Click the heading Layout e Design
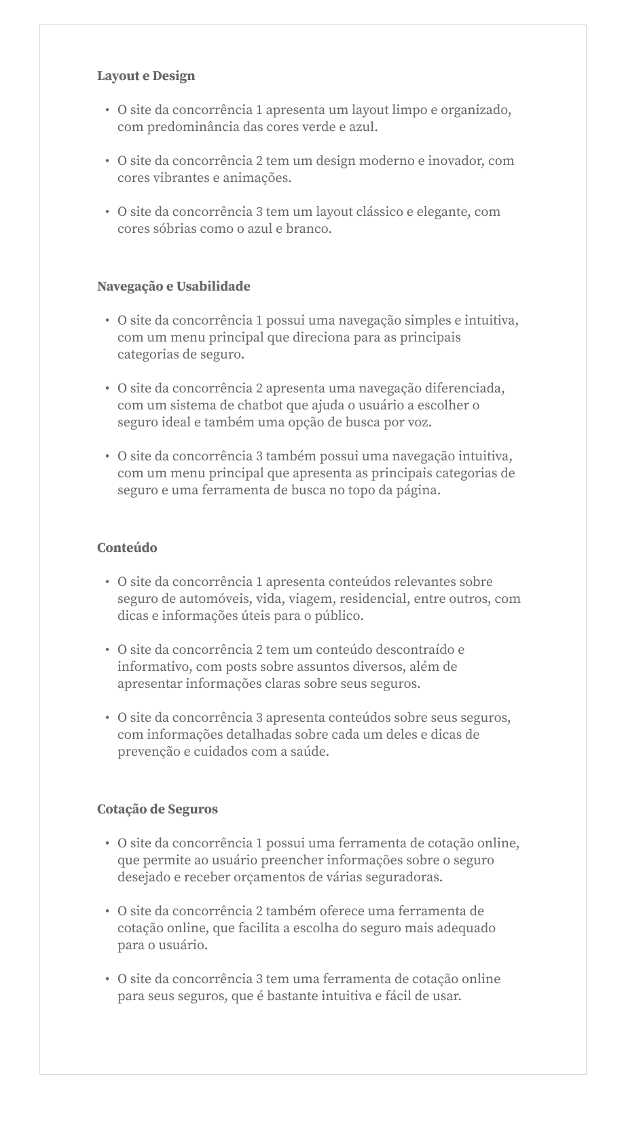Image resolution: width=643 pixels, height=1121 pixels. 146,76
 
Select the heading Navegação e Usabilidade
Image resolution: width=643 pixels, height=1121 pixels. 173,287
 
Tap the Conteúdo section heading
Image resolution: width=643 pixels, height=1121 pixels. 127,548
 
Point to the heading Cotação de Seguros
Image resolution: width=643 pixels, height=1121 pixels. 158,809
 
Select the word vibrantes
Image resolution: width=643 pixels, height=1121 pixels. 179,178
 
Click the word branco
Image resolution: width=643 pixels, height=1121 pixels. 310,229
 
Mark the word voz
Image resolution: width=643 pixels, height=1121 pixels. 419,422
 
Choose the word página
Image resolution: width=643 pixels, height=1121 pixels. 418,490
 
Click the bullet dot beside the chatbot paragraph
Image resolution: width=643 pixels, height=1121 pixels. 107,388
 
